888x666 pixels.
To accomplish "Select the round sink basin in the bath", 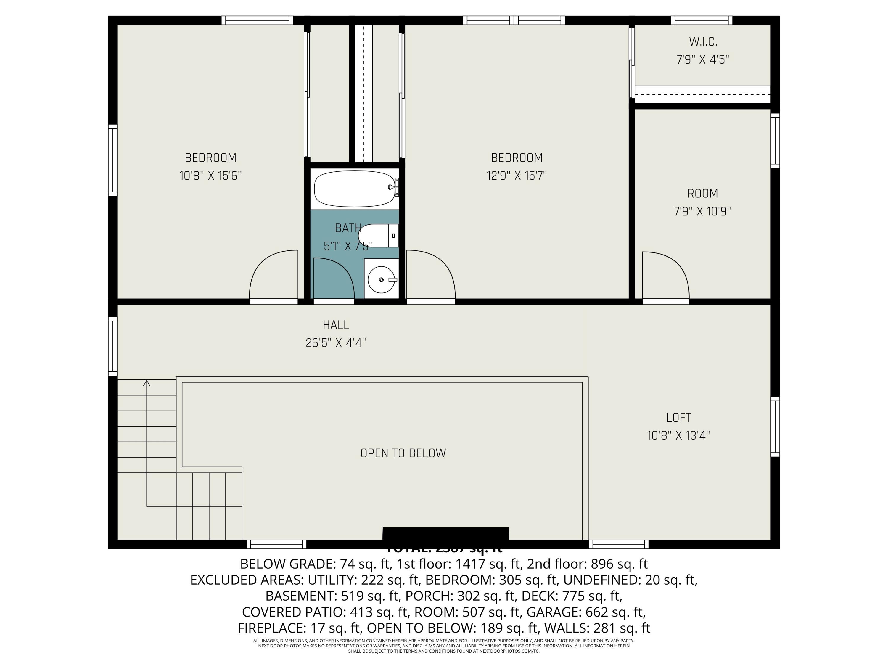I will pyautogui.click(x=381, y=280).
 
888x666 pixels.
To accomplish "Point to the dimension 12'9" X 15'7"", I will pyautogui.click(x=517, y=176).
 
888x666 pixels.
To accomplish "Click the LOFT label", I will pyautogui.click(x=678, y=417).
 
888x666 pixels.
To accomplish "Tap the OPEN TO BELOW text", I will pyautogui.click(x=403, y=453).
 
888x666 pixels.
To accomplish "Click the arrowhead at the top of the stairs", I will pyautogui.click(x=147, y=383).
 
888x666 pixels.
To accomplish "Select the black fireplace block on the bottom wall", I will pyautogui.click(x=445, y=534).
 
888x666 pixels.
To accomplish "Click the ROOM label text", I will pyautogui.click(x=702, y=194).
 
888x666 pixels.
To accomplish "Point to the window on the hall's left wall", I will pyautogui.click(x=113, y=346).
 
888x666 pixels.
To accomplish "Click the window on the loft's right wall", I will pyautogui.click(x=775, y=427).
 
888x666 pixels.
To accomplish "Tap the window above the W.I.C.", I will pyautogui.click(x=701, y=20).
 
